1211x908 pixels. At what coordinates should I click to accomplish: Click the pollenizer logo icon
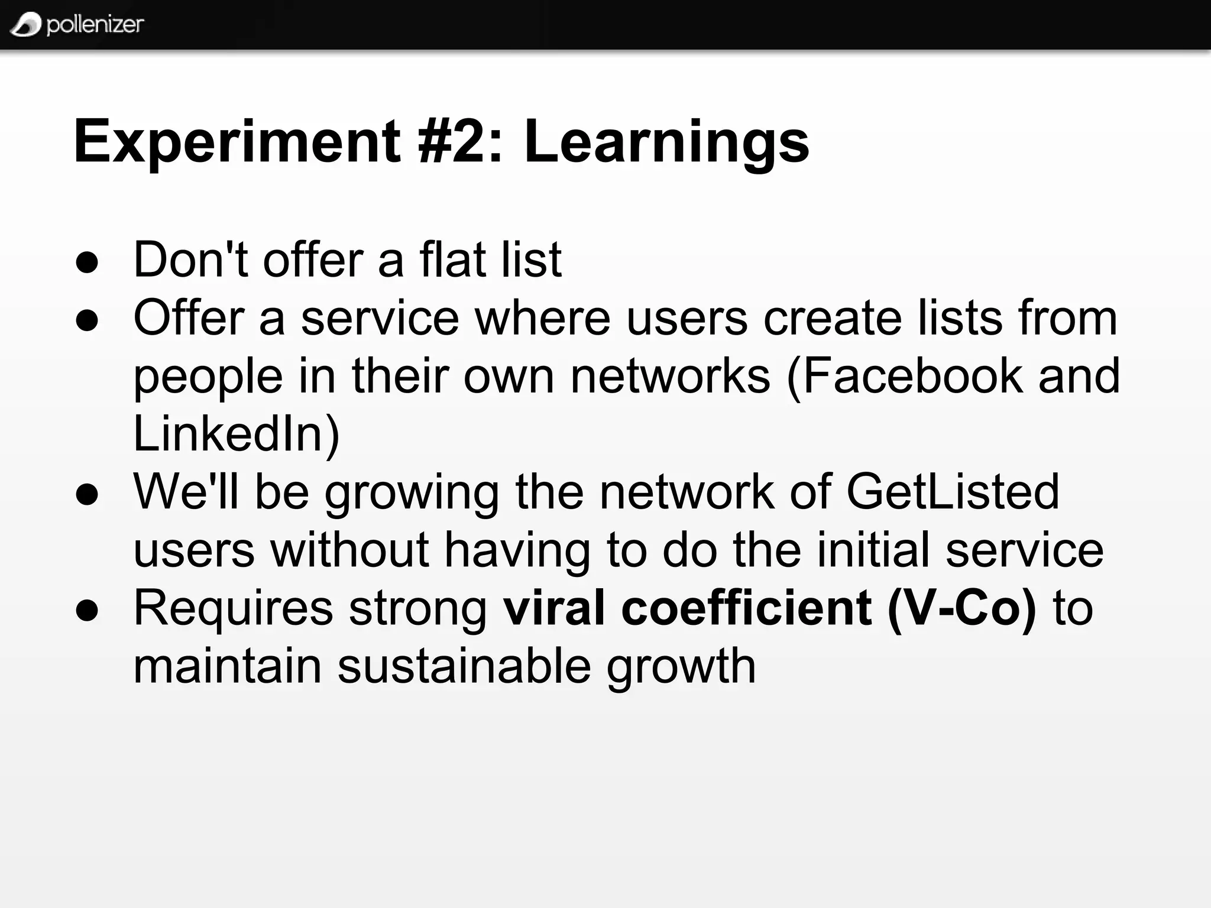coord(25,24)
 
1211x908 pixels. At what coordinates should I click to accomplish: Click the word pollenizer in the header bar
coord(95,24)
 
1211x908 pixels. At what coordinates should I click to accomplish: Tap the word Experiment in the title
coord(237,142)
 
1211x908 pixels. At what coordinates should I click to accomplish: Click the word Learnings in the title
coord(666,142)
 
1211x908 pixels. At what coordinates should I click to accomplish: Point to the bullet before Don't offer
coord(87,262)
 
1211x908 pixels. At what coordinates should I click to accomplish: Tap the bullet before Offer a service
coord(87,320)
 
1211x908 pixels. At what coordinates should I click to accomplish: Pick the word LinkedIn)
coord(237,433)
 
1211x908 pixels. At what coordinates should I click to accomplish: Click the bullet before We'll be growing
coord(87,494)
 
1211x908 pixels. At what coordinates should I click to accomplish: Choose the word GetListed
coord(953,491)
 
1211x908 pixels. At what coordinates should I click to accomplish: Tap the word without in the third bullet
coord(349,549)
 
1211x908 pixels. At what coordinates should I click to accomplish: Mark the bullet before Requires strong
coord(87,611)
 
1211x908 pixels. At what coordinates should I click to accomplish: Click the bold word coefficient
coord(746,608)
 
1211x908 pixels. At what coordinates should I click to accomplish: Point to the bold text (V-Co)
coord(962,608)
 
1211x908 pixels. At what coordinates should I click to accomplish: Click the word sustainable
coord(464,666)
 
